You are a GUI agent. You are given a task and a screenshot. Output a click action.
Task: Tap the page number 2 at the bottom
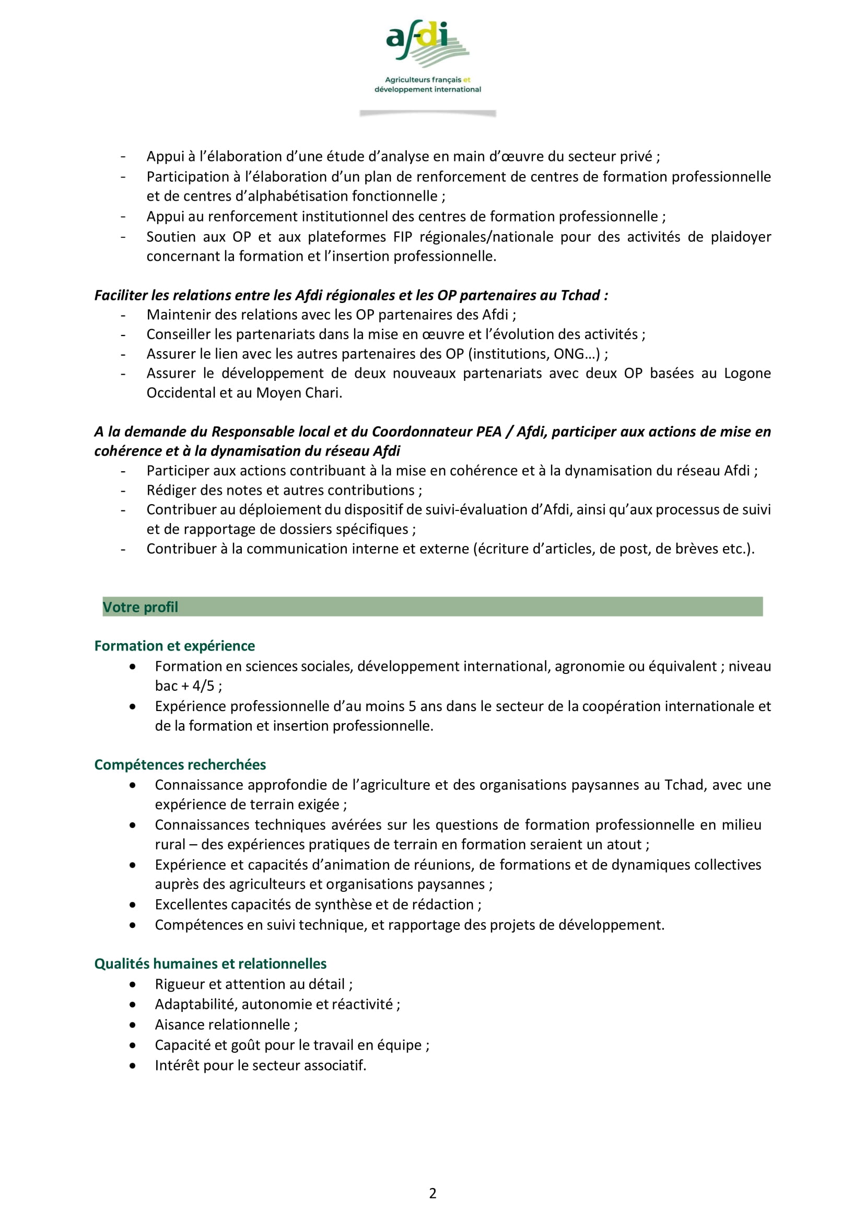(433, 1193)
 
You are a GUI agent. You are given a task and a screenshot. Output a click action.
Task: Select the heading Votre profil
(141, 607)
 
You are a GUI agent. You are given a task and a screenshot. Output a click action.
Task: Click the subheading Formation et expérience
(174, 646)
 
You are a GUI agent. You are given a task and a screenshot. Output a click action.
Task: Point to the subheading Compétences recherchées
(180, 764)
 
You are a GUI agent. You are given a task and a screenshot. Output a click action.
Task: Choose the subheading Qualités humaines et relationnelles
(210, 963)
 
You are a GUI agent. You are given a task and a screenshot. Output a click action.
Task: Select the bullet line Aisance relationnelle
(226, 1025)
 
